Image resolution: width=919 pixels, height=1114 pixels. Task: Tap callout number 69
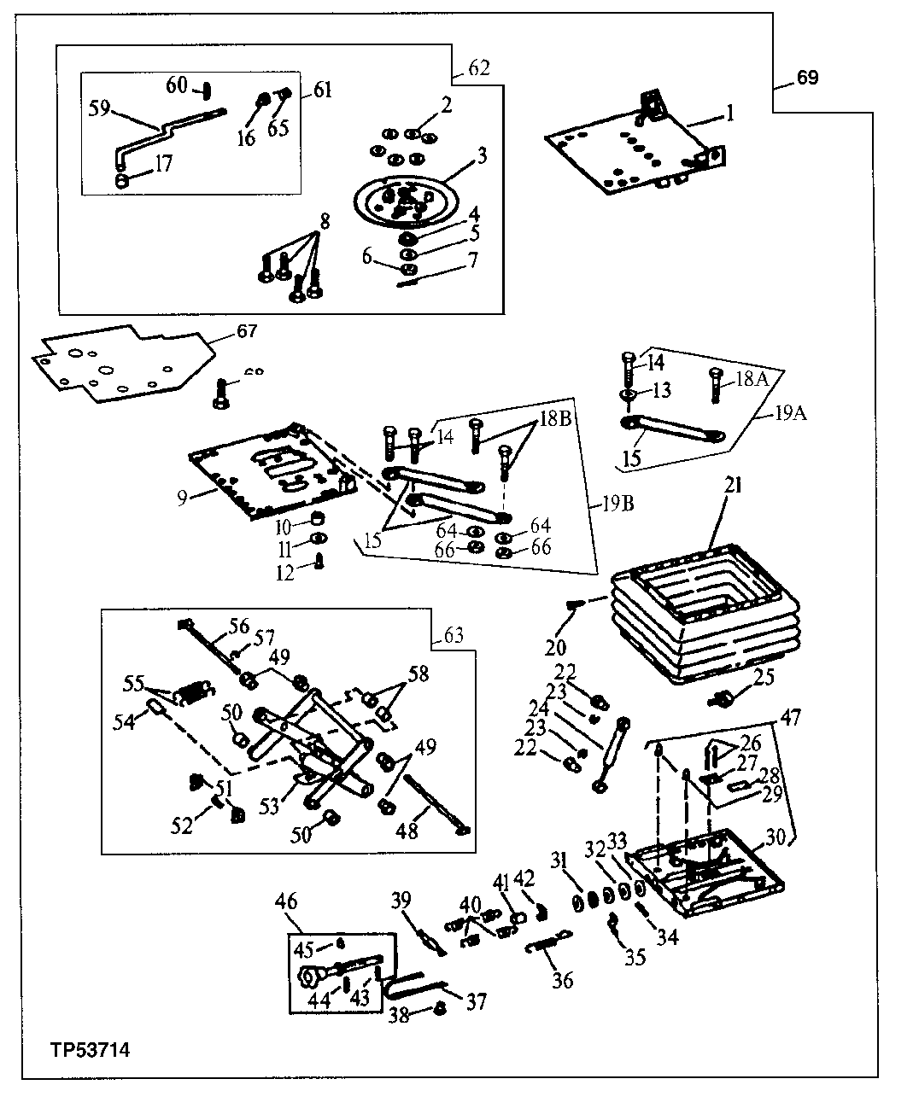pos(807,78)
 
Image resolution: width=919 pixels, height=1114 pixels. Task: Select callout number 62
pos(480,68)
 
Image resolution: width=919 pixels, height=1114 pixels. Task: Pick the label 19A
pos(792,416)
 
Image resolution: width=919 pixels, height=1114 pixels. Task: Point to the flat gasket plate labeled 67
pos(120,363)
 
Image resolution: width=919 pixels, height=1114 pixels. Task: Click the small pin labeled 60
pos(206,89)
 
